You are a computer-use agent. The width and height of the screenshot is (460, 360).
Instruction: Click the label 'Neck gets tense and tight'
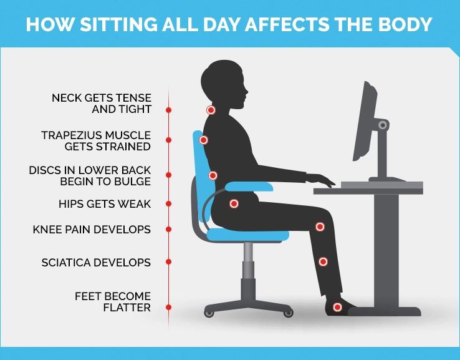[x=102, y=104]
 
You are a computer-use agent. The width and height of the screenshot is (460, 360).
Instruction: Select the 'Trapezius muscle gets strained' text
[x=96, y=141]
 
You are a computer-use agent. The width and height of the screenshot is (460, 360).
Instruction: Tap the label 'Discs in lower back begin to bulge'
[x=90, y=176]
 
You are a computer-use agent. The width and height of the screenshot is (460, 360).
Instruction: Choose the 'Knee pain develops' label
[x=92, y=230]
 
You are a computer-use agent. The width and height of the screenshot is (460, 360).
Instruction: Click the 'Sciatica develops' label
[x=96, y=263]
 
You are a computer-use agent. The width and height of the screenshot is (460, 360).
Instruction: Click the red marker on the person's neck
[x=211, y=110]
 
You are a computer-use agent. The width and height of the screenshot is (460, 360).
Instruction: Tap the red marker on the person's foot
[x=337, y=307]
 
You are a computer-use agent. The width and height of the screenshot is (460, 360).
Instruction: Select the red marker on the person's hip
[x=234, y=203]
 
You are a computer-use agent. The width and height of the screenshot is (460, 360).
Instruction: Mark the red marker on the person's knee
[x=320, y=226]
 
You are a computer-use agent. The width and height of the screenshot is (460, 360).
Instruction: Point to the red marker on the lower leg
[x=323, y=262]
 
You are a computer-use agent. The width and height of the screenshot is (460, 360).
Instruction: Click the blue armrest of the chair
[x=249, y=185]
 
